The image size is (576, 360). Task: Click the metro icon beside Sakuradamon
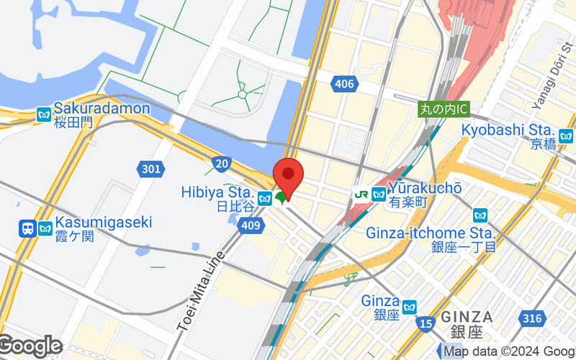[45, 114]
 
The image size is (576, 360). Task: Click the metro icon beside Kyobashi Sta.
[566, 135]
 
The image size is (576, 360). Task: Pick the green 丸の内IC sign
[444, 109]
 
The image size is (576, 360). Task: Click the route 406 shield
[345, 85]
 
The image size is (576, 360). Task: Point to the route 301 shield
[150, 169]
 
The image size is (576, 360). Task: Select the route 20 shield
[222, 164]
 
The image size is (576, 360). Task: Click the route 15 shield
[426, 325]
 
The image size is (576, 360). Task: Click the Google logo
[30, 346]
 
